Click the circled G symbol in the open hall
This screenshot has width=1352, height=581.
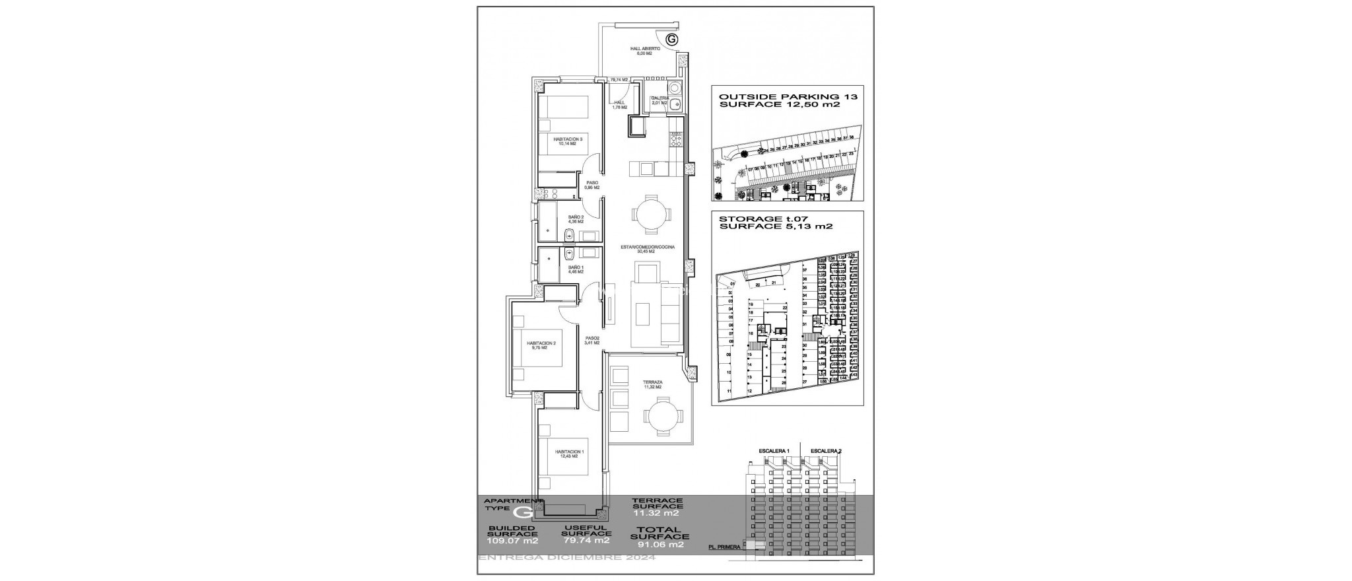672,40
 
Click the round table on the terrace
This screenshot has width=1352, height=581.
661,417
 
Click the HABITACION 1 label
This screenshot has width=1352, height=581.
107,454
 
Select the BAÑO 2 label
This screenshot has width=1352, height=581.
114,219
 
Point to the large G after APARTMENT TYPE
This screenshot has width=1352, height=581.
524,511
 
